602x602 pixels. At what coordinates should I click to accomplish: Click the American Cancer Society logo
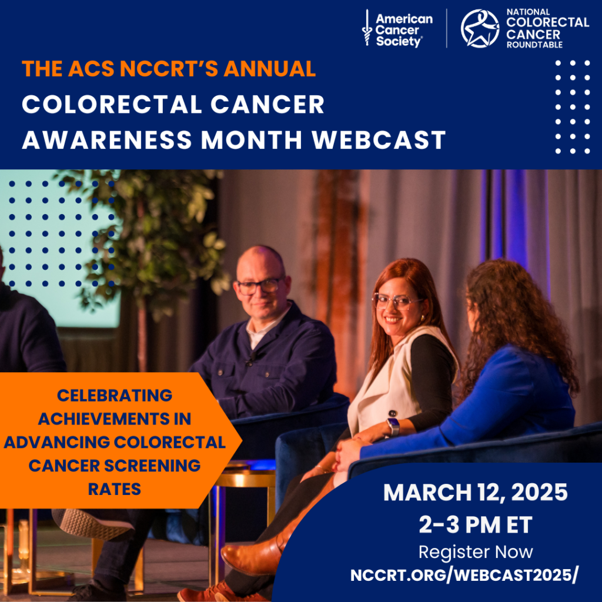pos(397,29)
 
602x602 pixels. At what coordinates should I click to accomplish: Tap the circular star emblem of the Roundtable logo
pos(480,29)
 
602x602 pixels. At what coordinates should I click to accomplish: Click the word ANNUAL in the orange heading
pos(269,69)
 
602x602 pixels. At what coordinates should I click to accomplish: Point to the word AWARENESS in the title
pos(107,139)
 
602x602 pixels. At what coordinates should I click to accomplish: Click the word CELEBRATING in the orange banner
pos(115,396)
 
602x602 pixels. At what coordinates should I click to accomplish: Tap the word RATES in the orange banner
pos(115,489)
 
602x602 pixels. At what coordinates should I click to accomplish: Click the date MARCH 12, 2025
pos(475,492)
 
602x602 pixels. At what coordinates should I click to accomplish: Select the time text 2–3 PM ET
pos(475,524)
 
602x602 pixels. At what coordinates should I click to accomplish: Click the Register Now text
pos(475,552)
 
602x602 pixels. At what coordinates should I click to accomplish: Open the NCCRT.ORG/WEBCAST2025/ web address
pos(464,576)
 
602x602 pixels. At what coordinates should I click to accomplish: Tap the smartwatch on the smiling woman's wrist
pos(393,426)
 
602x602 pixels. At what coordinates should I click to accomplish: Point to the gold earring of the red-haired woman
pos(422,319)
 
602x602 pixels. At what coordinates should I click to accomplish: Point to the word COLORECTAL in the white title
pos(112,105)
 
